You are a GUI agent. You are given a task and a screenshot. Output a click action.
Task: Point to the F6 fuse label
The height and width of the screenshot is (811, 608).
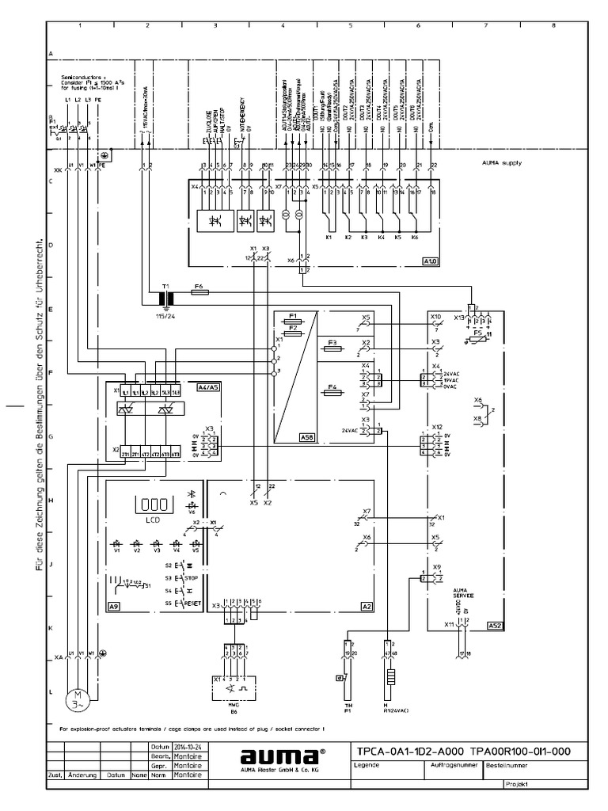pyautogui.click(x=199, y=284)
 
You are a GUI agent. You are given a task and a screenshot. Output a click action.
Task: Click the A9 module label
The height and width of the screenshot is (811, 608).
pyautogui.click(x=114, y=605)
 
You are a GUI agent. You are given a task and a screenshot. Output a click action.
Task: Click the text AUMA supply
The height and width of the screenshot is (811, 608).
pyautogui.click(x=501, y=162)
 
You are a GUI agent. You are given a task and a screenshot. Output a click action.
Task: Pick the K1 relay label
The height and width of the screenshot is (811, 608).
pyautogui.click(x=329, y=237)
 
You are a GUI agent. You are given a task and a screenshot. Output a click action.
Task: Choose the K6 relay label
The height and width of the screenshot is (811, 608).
pyautogui.click(x=416, y=237)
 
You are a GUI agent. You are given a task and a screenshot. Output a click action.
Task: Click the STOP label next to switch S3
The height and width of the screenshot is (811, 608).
pyautogui.click(x=192, y=579)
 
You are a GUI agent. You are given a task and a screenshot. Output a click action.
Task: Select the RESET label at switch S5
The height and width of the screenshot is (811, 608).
pyautogui.click(x=194, y=603)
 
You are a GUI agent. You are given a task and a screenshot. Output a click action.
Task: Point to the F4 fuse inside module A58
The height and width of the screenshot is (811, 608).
pyautogui.click(x=332, y=388)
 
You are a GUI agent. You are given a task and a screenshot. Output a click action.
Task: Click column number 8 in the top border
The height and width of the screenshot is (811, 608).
pyautogui.click(x=552, y=26)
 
